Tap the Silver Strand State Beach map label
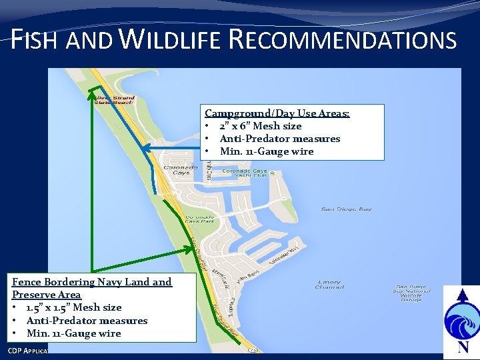(114, 100)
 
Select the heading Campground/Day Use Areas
(277, 113)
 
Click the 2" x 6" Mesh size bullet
(260, 126)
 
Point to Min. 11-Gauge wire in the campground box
(266, 151)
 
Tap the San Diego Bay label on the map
(346, 209)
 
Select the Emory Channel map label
(329, 285)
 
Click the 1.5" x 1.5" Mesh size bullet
(73, 307)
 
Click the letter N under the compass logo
(463, 347)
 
